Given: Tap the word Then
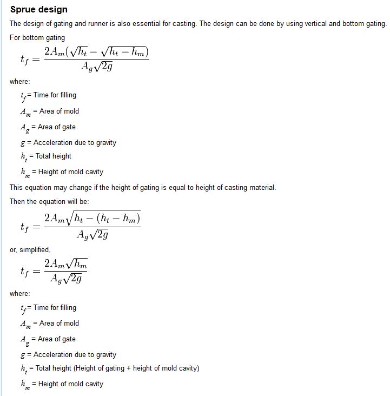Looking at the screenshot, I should (17, 201).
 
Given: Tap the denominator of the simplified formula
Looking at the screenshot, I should (66, 279).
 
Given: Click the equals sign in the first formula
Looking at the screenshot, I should (36, 60).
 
